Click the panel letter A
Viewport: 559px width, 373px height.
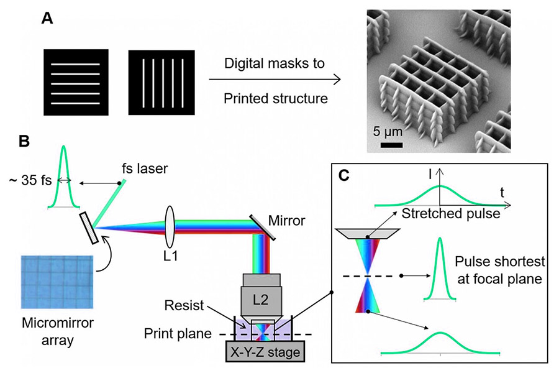point(47,19)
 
